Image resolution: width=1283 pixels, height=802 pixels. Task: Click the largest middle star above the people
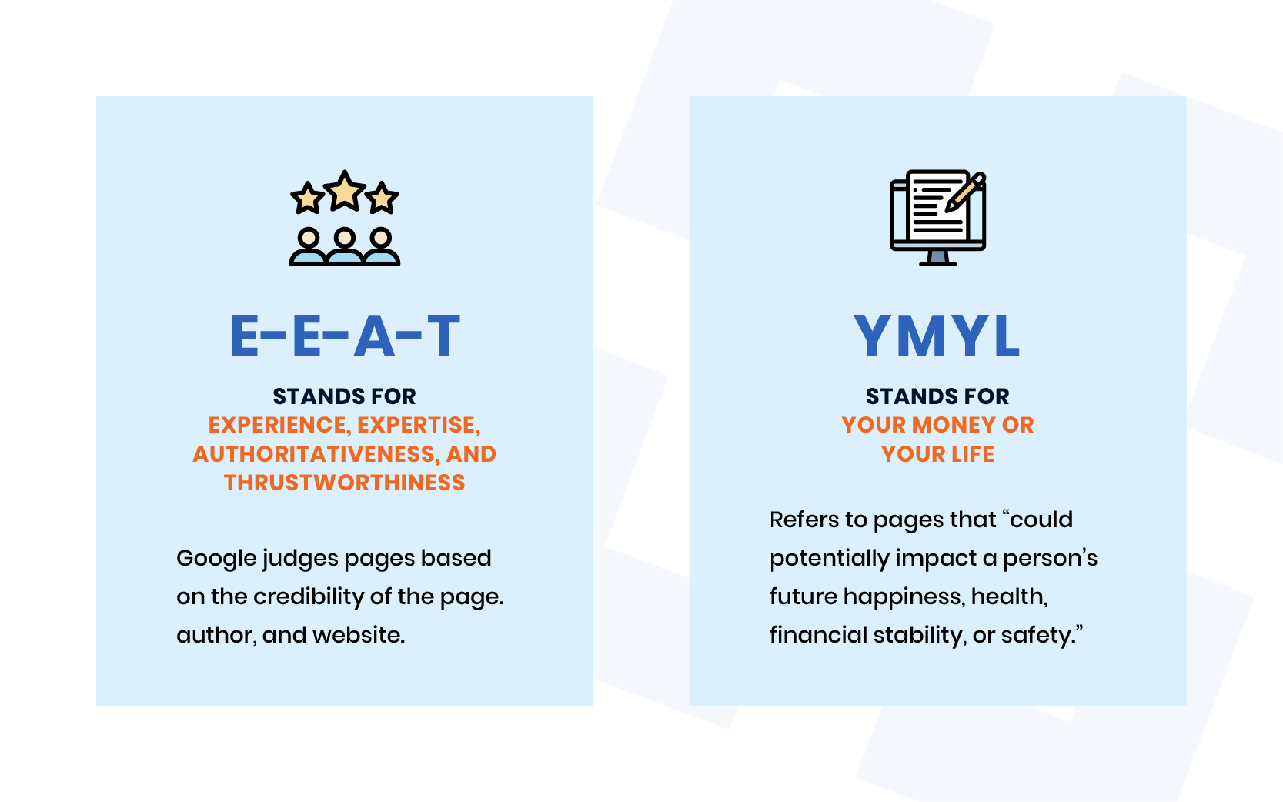tap(344, 191)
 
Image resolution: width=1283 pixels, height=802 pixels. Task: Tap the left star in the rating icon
tap(308, 199)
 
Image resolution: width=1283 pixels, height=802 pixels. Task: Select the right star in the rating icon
tap(382, 199)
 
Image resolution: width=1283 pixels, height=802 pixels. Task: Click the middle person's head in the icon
tap(344, 237)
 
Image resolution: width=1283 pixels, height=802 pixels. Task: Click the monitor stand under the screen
tap(937, 259)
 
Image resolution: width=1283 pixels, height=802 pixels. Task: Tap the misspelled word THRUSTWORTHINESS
tap(344, 483)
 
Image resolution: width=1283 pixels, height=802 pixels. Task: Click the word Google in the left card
tap(216, 559)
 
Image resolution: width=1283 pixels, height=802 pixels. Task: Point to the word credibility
tap(309, 596)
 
